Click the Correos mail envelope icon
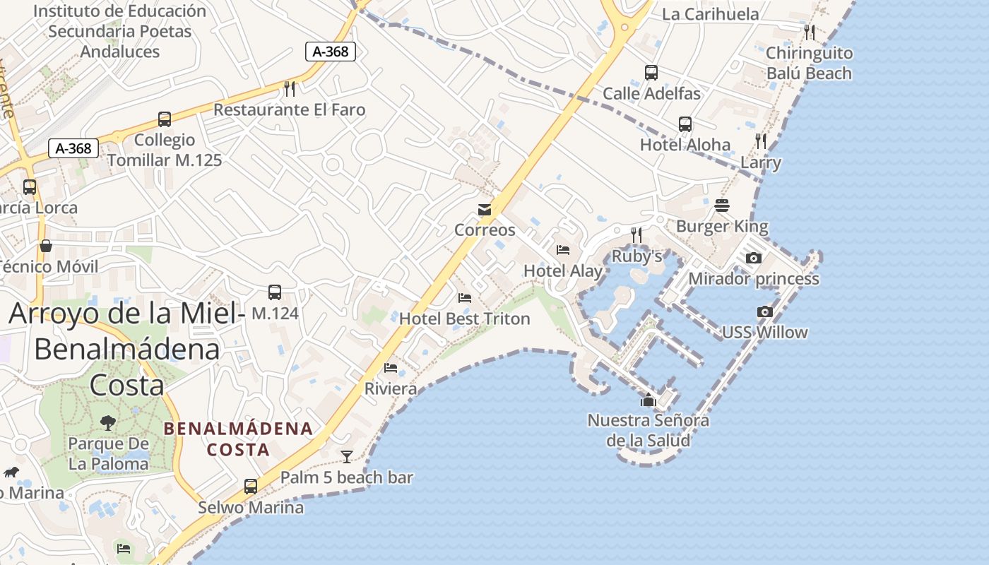point(485,210)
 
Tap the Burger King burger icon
point(721,206)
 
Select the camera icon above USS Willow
point(764,311)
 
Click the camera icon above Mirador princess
point(754,258)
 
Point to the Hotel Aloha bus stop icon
point(685,124)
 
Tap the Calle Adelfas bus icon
point(651,73)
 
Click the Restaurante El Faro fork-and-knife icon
point(289,88)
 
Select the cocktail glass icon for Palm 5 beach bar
point(346,456)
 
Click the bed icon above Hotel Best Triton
point(464,298)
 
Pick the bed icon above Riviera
point(391,367)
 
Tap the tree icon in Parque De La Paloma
point(108,423)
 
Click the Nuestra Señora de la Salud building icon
point(648,400)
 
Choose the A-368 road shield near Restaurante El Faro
point(330,51)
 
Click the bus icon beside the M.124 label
point(275,292)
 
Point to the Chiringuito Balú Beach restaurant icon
point(810,32)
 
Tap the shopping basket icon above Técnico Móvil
point(46,246)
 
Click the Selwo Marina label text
point(251,507)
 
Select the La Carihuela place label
point(710,14)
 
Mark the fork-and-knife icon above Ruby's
point(636,234)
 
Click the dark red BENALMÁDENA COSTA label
point(238,439)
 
